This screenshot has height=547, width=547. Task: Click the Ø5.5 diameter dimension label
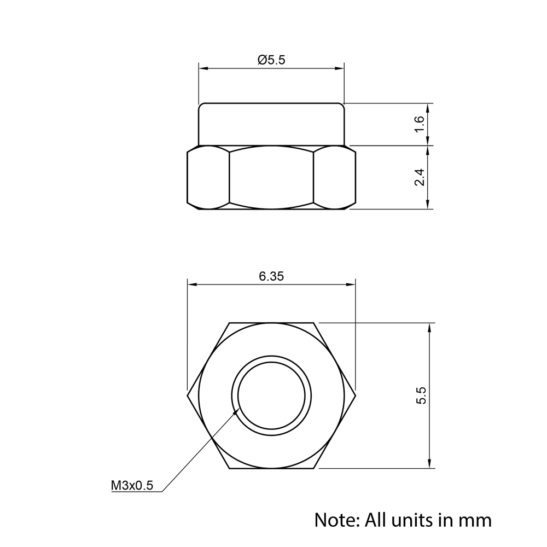point(271,60)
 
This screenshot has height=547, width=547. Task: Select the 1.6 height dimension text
point(420,124)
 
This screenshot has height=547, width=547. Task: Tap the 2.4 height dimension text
point(420,177)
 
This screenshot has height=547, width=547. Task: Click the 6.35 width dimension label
point(271,276)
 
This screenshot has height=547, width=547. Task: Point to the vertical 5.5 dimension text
point(421,395)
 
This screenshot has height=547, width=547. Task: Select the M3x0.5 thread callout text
point(132,485)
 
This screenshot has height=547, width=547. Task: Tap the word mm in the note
point(475,520)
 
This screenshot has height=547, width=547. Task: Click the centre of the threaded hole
point(272,395)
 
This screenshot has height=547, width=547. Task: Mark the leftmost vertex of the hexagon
point(187,395)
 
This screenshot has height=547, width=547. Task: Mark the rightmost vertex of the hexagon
point(356,395)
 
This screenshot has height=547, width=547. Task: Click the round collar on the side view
point(271,124)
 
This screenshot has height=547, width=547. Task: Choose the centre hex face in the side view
point(271,177)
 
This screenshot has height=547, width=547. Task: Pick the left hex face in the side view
point(208,177)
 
